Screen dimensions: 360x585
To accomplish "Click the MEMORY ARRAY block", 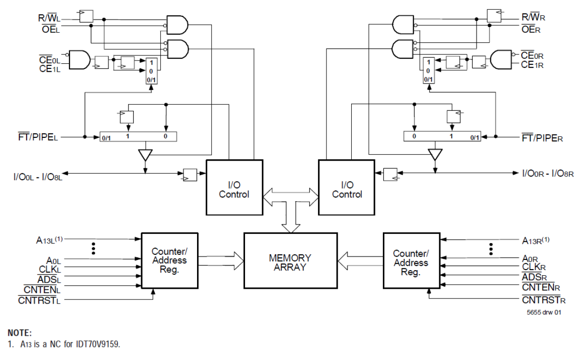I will (x=290, y=263).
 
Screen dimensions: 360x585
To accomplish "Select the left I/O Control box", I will (x=234, y=187).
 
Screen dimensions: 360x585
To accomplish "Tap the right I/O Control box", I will (x=347, y=187).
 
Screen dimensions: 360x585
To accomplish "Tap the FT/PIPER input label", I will (x=542, y=138).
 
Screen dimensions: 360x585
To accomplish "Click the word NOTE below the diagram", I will (x=20, y=333).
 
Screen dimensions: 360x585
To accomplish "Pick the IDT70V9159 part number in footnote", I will (x=100, y=345).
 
